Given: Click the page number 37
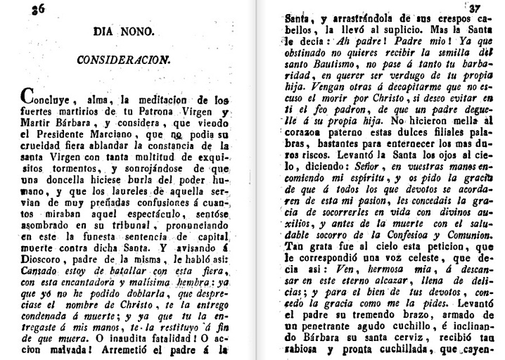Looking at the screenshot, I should click(490, 9).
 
